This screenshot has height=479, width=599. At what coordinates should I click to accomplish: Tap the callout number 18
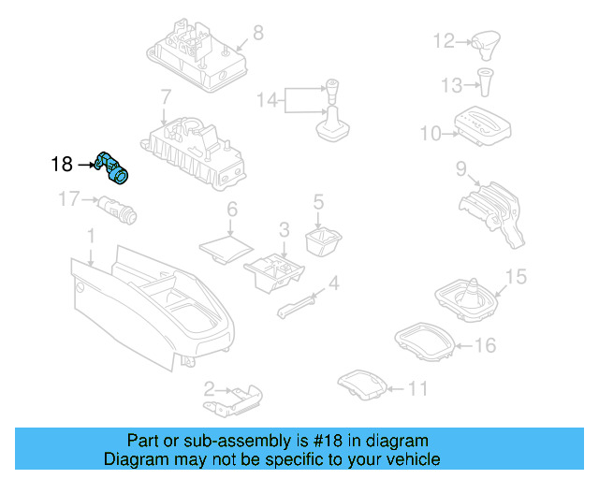pos(62,165)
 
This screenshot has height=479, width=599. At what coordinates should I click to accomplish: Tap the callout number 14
pos(268,98)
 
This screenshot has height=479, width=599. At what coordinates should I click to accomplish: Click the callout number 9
pos(460,168)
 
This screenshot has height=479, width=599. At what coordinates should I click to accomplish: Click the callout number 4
pos(333,283)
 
